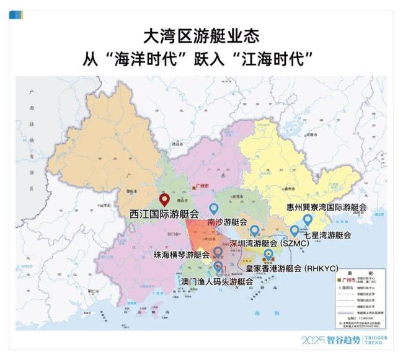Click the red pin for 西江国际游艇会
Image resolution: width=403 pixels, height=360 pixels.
tap(164, 200)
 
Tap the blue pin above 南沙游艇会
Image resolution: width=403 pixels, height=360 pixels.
tap(214, 209)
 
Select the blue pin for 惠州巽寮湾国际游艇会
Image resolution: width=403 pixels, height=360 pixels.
tap(308, 220)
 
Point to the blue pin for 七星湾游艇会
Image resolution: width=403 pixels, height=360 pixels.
tap(294, 230)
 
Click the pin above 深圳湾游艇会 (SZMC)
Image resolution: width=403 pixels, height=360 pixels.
tap(254, 230)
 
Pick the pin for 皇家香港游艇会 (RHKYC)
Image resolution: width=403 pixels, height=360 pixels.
tap(268, 254)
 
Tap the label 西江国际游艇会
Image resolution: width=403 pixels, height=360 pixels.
tap(164, 214)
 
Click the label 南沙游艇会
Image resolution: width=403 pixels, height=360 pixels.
tap(227, 222)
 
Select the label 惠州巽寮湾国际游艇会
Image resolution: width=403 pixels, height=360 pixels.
tap(326, 207)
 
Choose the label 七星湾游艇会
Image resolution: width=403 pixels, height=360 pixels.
tap(327, 235)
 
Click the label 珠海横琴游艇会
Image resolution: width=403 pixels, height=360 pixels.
tap(181, 255)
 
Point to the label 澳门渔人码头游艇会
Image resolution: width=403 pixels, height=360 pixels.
tap(216, 281)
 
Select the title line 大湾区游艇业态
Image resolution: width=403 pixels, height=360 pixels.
tap(201, 35)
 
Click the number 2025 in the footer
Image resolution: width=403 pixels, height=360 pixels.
tap(314, 340)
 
